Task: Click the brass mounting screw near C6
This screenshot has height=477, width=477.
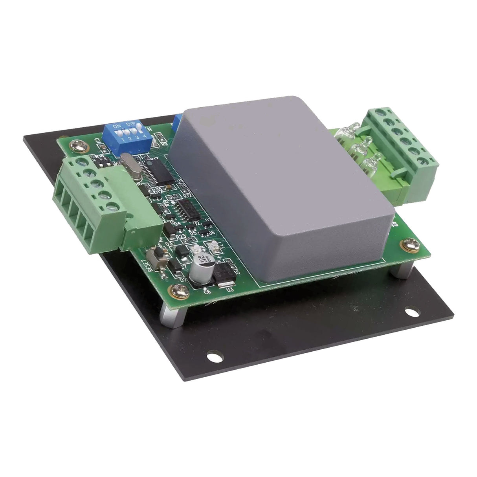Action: coord(174,290)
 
